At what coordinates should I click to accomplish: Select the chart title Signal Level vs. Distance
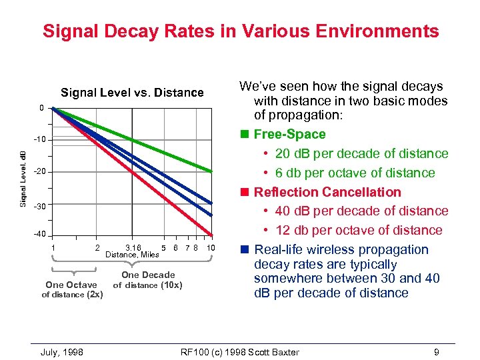(x=132, y=93)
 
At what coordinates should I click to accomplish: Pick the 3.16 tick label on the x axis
(x=133, y=247)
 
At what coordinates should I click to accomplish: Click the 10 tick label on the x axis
(x=211, y=247)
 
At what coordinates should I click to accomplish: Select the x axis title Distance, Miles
(x=133, y=254)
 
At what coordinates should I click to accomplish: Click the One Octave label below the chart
(x=71, y=285)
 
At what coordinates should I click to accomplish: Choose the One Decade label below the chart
(x=148, y=275)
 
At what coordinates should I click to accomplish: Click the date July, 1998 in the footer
(x=62, y=352)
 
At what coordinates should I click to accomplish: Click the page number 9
(x=435, y=352)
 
